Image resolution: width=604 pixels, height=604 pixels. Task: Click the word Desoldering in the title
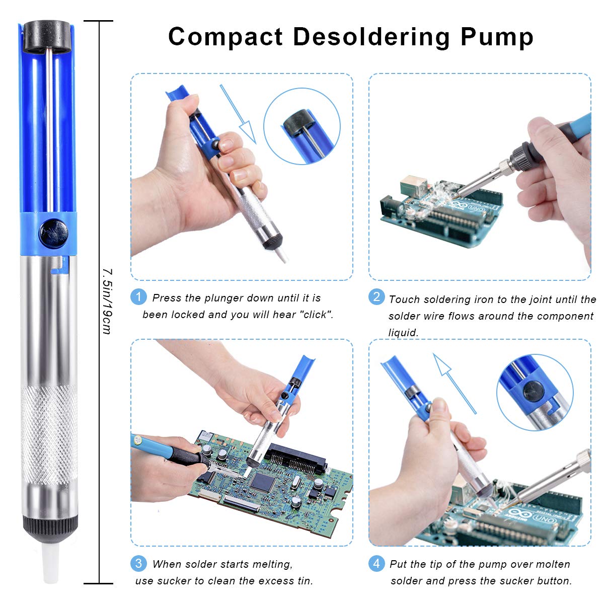coord(371,37)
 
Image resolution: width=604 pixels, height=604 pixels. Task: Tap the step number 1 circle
coord(138,296)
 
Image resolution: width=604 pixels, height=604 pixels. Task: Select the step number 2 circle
coord(376,296)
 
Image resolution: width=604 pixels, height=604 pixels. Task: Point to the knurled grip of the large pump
coord(48,433)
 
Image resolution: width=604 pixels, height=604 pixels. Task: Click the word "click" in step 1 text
coord(316,315)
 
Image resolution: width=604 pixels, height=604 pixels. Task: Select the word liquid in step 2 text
coord(403,333)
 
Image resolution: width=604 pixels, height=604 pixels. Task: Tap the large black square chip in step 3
coord(262,482)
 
